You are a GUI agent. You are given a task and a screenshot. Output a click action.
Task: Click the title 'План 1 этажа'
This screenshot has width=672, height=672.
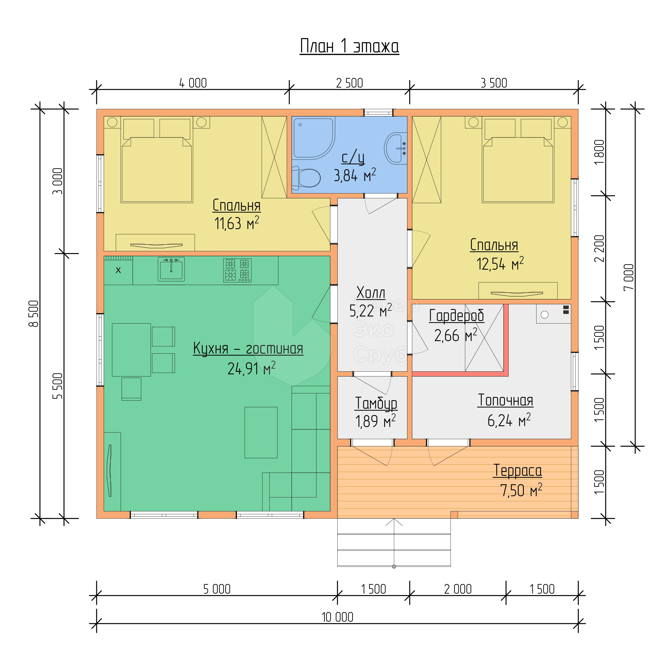(349, 46)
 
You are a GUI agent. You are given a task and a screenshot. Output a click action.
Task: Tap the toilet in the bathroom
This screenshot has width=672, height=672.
(306, 178)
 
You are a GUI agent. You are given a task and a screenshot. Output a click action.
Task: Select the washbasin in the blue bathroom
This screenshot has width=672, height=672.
(396, 148)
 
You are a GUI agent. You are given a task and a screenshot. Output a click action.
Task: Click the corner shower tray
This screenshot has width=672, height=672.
(313, 138)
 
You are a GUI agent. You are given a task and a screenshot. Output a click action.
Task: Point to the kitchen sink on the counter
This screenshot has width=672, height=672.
(171, 269)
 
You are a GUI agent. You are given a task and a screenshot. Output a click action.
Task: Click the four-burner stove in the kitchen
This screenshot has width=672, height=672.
(237, 270)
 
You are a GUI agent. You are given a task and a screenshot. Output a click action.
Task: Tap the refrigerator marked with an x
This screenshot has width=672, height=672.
(118, 270)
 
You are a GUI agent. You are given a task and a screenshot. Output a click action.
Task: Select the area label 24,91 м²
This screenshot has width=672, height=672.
(251, 368)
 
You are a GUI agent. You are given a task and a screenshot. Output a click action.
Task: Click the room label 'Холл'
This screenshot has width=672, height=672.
(371, 293)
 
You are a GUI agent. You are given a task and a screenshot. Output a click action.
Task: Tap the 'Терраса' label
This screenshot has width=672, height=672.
(517, 471)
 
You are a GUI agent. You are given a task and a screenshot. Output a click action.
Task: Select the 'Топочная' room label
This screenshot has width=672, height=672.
(505, 400)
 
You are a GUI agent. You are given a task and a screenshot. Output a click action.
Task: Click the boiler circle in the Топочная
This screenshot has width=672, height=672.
(545, 315)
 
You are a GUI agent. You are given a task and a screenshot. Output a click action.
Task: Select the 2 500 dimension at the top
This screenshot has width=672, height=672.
(350, 83)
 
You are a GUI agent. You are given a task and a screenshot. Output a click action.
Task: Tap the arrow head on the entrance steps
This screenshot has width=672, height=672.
(394, 522)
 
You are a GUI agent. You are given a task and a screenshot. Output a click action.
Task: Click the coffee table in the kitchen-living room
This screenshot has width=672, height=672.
(261, 432)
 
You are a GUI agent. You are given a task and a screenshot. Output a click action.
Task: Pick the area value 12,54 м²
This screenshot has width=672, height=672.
(500, 264)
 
